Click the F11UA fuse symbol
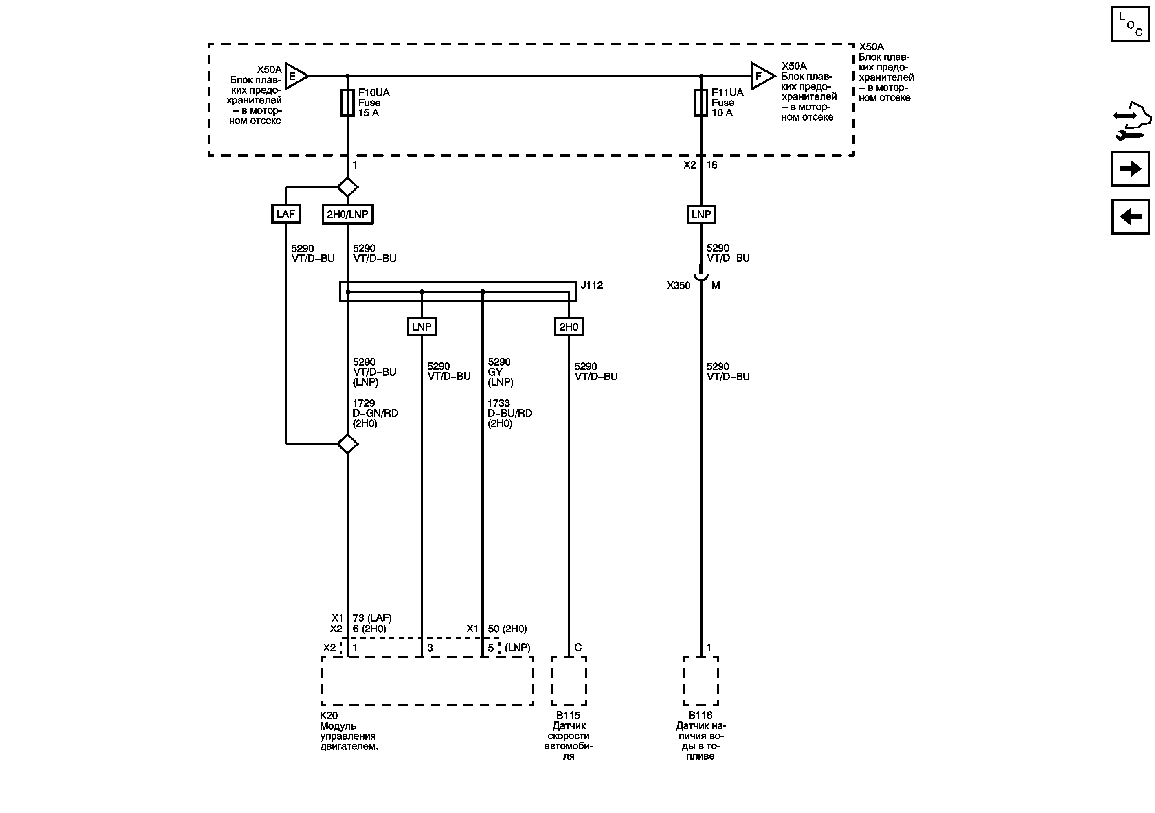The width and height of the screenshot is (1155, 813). (x=701, y=103)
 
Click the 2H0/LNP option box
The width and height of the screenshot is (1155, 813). (x=348, y=215)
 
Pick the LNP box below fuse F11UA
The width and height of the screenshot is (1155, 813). (x=701, y=215)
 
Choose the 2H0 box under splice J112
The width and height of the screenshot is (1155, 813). (x=569, y=327)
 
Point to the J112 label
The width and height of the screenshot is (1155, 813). (x=592, y=285)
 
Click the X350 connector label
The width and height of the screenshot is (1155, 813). (x=678, y=285)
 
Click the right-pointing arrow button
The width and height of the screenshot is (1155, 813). (x=1130, y=169)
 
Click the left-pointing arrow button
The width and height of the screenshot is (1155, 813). (x=1130, y=217)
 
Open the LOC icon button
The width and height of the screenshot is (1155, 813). (x=1130, y=24)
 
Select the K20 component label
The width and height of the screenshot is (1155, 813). (x=329, y=715)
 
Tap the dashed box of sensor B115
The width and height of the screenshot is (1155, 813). (x=569, y=681)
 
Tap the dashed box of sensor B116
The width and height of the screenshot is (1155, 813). (x=701, y=681)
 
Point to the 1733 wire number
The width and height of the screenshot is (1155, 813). (x=498, y=403)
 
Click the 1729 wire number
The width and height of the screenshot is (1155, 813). (x=364, y=403)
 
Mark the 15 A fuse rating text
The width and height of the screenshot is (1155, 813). (x=369, y=113)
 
